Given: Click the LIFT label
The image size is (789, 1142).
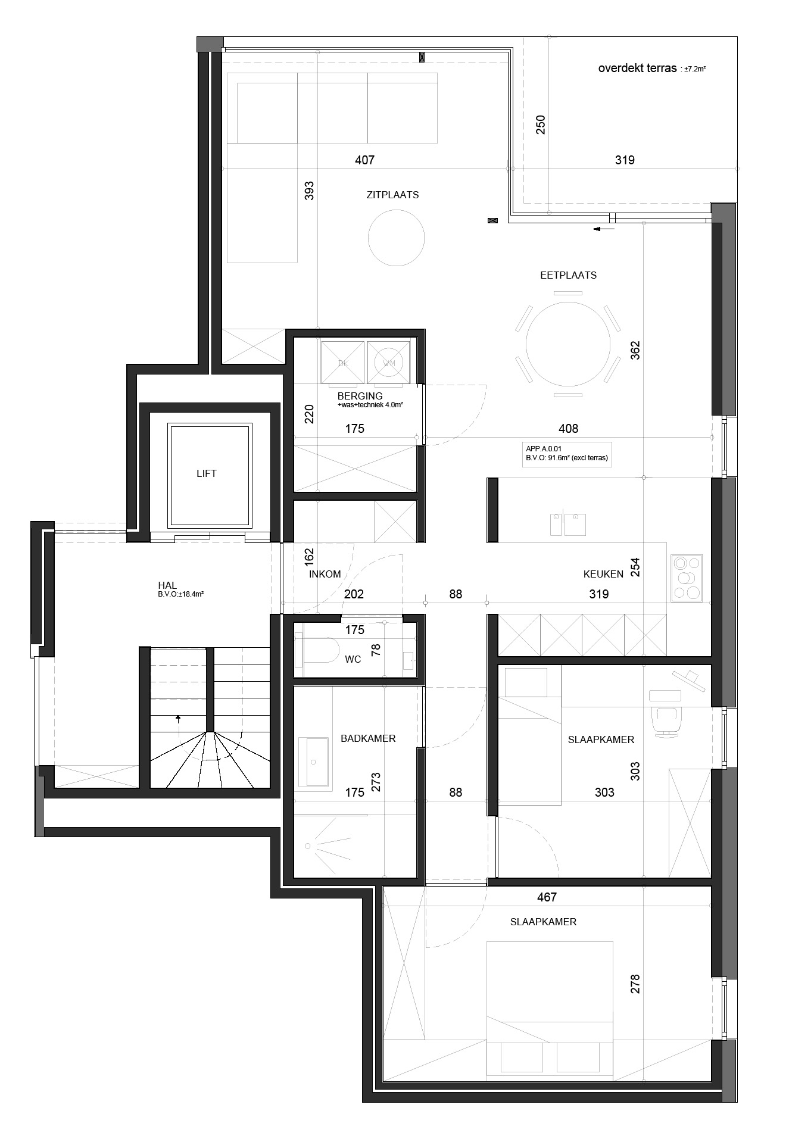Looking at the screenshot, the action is click(x=207, y=473).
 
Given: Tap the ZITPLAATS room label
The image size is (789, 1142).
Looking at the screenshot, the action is click(x=392, y=195).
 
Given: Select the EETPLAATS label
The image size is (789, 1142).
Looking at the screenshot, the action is click(x=568, y=275).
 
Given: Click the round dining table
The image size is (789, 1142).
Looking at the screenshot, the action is click(x=568, y=344).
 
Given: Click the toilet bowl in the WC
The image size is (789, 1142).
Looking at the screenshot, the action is click(x=322, y=650).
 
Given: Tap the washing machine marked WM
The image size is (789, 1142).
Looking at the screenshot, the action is click(x=389, y=362).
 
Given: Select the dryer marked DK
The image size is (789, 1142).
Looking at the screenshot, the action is click(x=342, y=362).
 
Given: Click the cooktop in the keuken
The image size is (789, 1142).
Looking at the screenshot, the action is click(x=687, y=578).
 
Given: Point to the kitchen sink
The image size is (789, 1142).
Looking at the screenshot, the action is click(x=567, y=525).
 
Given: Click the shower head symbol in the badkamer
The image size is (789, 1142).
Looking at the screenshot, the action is click(x=308, y=845).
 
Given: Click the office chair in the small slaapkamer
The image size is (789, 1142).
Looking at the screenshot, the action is click(x=667, y=720).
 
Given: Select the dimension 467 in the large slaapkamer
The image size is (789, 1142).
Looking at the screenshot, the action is click(x=547, y=897).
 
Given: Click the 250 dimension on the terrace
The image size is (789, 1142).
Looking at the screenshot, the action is click(x=541, y=124).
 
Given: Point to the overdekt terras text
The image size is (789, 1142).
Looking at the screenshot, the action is click(x=637, y=68).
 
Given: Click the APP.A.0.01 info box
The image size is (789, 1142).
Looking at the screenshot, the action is click(x=567, y=454).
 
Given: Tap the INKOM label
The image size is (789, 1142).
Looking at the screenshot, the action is click(x=325, y=574).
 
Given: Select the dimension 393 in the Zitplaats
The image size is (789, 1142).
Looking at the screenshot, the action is click(x=309, y=191).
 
